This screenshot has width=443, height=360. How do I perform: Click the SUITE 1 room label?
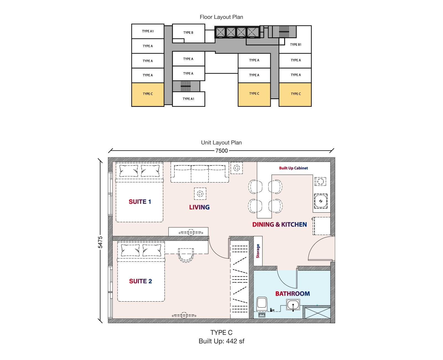(140, 202)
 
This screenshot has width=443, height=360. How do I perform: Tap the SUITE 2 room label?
(140, 281)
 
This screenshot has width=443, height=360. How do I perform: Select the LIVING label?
(199, 207)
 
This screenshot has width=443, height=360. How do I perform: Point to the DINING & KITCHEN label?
(279, 224)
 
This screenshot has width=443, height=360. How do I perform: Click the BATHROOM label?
(292, 294)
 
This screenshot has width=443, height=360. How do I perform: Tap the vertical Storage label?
(258, 251)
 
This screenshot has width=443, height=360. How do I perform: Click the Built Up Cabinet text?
(293, 168)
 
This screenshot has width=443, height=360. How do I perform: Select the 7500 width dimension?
(221, 151)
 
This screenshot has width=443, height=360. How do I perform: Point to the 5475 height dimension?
(100, 242)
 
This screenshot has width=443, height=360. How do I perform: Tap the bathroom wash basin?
(293, 305)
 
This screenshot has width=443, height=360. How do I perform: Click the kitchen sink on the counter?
(321, 201)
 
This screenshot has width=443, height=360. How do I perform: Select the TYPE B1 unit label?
(295, 45)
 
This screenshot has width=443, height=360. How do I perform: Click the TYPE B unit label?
(188, 32)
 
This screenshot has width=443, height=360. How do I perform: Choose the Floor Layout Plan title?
(221, 17)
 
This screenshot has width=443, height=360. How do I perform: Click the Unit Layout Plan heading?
(221, 142)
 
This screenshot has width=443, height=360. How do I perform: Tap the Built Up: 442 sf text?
(221, 341)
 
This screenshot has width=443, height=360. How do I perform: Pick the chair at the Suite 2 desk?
(186, 255)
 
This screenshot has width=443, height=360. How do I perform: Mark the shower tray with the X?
(318, 313)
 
